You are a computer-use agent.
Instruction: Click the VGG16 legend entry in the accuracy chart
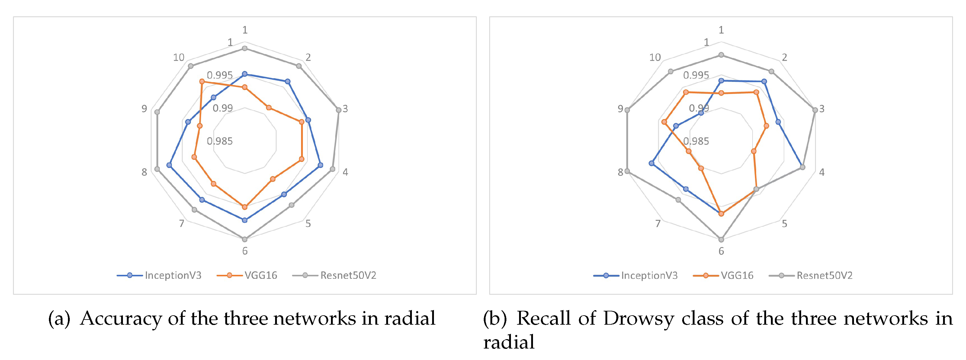(x=260, y=275)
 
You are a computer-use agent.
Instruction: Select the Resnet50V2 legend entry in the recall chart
(x=824, y=275)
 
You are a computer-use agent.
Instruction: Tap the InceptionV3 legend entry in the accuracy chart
(x=173, y=275)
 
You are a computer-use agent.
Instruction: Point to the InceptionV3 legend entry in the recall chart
(x=649, y=275)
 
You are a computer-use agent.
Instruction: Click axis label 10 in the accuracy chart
(x=179, y=57)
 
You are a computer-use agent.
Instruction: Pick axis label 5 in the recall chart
(x=784, y=223)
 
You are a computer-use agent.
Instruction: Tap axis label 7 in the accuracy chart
(x=181, y=223)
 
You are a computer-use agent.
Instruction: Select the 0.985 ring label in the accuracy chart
(x=220, y=141)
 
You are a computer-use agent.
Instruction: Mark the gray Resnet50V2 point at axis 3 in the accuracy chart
(x=339, y=110)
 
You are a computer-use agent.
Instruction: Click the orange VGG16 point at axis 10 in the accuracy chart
(x=202, y=81)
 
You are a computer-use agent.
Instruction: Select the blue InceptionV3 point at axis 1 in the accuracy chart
(x=245, y=74)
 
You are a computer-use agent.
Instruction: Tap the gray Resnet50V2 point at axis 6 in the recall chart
(x=721, y=239)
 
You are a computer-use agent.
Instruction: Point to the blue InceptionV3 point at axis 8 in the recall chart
(x=651, y=163)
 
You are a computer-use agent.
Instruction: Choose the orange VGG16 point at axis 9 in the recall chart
(x=664, y=122)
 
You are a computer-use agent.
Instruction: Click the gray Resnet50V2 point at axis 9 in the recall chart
(x=627, y=110)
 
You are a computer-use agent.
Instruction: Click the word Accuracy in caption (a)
(x=121, y=318)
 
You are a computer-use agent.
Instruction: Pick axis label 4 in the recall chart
(x=822, y=172)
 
